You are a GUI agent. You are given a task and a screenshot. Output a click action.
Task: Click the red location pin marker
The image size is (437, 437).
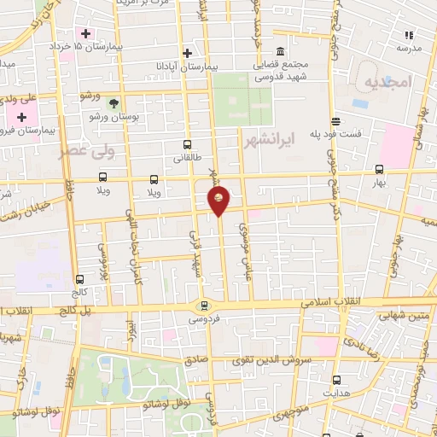[x=218, y=201]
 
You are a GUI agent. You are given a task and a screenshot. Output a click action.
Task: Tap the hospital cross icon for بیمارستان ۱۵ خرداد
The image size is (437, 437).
[x=86, y=33]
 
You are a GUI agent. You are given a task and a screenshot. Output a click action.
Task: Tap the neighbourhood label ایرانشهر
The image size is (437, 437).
[x=268, y=138]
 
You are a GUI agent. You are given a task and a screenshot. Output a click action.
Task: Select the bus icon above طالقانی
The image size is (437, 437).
[x=187, y=144]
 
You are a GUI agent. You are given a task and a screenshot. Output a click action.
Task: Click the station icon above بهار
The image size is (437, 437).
[x=380, y=167]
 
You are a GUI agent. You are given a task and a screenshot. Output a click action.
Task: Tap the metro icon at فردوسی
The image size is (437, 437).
[x=203, y=306]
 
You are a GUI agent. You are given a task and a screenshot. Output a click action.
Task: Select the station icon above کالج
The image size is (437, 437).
[x=79, y=278]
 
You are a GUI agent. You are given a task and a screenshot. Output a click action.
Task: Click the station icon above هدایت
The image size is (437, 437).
[x=336, y=379]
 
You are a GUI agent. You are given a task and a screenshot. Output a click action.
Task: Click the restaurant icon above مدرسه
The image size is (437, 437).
[x=409, y=35]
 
